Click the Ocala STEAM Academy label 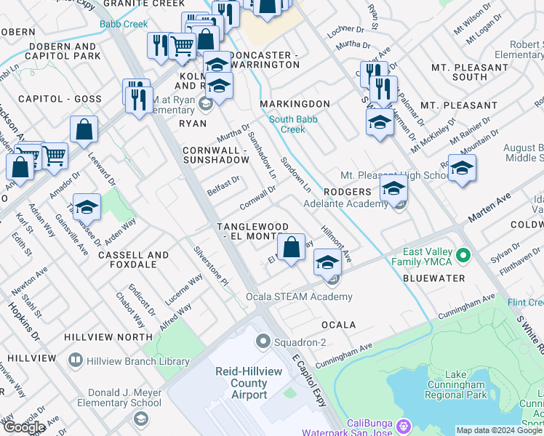[x=309, y=296]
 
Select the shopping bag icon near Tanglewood [x=291, y=247]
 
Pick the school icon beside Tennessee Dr [x=87, y=208]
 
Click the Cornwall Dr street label [x=259, y=195]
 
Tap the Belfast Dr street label [x=223, y=185]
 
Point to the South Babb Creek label [x=287, y=124]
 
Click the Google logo [x=24, y=427]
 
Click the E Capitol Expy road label [x=308, y=381]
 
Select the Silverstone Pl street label [x=211, y=266]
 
